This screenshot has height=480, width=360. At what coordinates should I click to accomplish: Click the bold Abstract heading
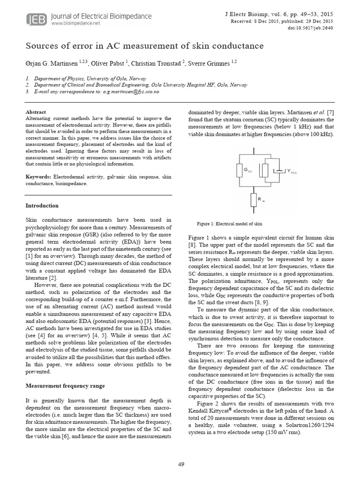36,112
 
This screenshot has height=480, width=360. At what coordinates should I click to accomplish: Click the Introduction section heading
42,205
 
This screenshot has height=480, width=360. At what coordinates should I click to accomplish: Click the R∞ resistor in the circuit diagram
254,198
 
